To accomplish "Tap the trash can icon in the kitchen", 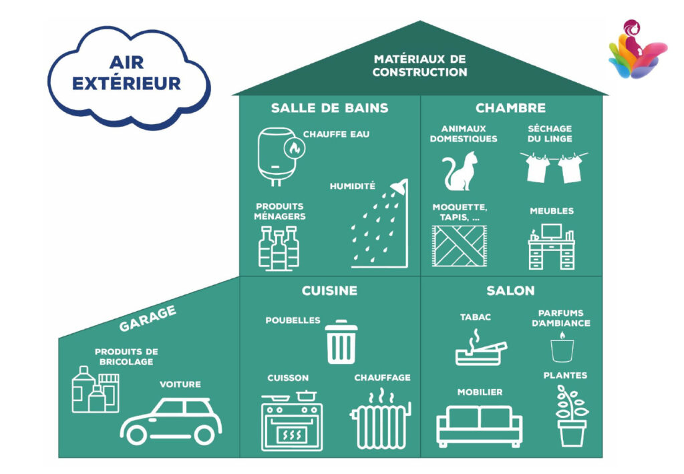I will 341,343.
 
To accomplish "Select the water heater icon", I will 277,156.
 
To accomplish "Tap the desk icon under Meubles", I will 551,247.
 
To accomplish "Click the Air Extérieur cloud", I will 127,75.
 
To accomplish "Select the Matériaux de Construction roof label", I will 419,66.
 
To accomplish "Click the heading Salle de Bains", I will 329,108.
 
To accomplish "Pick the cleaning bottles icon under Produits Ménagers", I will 279,247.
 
